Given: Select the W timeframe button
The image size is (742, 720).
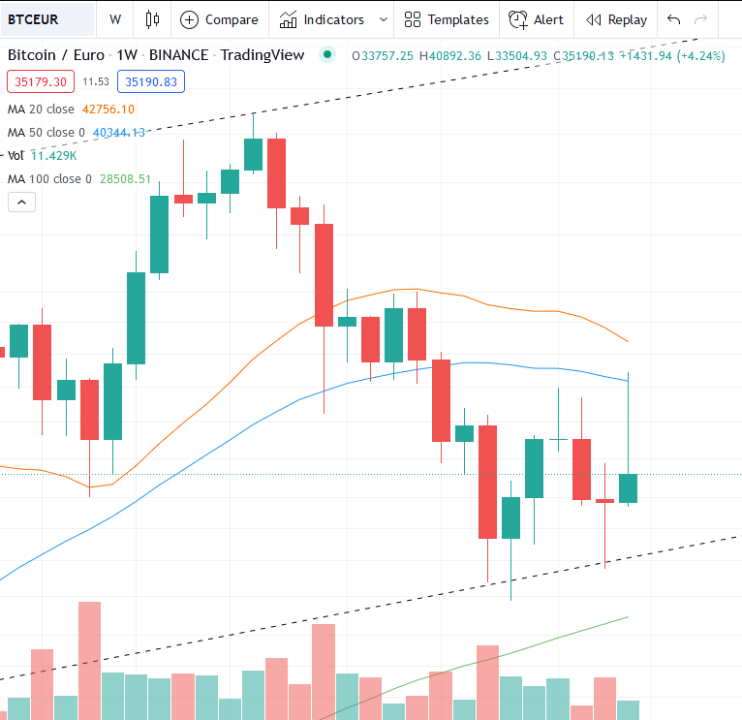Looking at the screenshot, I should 115,19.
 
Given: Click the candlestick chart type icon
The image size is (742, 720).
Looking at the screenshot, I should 151,19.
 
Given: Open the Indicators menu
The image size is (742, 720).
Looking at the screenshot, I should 323,19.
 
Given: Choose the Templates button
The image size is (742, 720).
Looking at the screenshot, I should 447,19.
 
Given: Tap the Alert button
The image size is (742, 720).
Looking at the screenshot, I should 537,19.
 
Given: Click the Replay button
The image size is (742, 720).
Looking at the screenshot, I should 616,19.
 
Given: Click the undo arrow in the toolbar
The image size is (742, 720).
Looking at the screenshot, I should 674,19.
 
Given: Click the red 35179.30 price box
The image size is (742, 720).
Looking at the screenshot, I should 41,82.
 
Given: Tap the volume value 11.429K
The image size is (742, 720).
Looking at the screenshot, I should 53,155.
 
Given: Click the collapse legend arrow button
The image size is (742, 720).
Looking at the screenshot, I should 21,202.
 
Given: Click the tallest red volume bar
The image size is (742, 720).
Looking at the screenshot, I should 89,660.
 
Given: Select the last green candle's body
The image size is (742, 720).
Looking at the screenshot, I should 628,487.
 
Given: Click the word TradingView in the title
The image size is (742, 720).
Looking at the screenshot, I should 262,54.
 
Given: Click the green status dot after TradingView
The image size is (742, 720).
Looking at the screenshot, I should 327,54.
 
